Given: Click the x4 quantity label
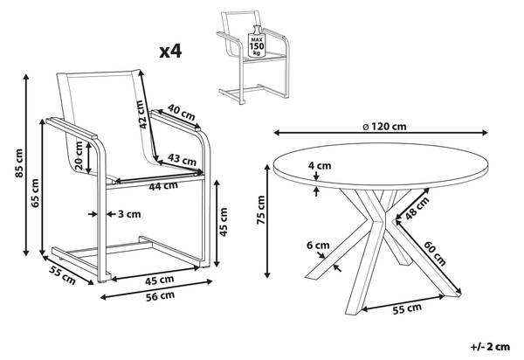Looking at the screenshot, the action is [170, 52].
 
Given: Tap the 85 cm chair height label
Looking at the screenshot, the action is [19, 163].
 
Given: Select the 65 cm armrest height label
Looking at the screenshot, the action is [35, 193].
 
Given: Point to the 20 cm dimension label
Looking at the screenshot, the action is [79, 156].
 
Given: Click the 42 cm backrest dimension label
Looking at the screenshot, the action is [142, 114].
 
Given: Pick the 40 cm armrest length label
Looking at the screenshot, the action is [181, 113].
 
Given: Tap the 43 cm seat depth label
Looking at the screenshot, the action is [182, 159].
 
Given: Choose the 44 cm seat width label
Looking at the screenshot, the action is [163, 185].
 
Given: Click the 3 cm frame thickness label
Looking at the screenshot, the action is [129, 214].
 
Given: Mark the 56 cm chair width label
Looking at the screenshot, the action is [160, 295].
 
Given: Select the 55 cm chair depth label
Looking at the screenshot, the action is [63, 275].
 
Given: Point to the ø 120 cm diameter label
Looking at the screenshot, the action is [384, 127].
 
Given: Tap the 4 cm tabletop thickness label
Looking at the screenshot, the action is [320, 165].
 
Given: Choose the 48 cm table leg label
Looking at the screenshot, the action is [417, 209].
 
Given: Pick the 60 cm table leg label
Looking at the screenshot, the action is [435, 253].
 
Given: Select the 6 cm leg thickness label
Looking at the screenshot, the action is [318, 246].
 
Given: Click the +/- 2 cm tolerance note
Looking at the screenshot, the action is [490, 347].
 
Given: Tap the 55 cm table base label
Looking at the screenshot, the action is [407, 308].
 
